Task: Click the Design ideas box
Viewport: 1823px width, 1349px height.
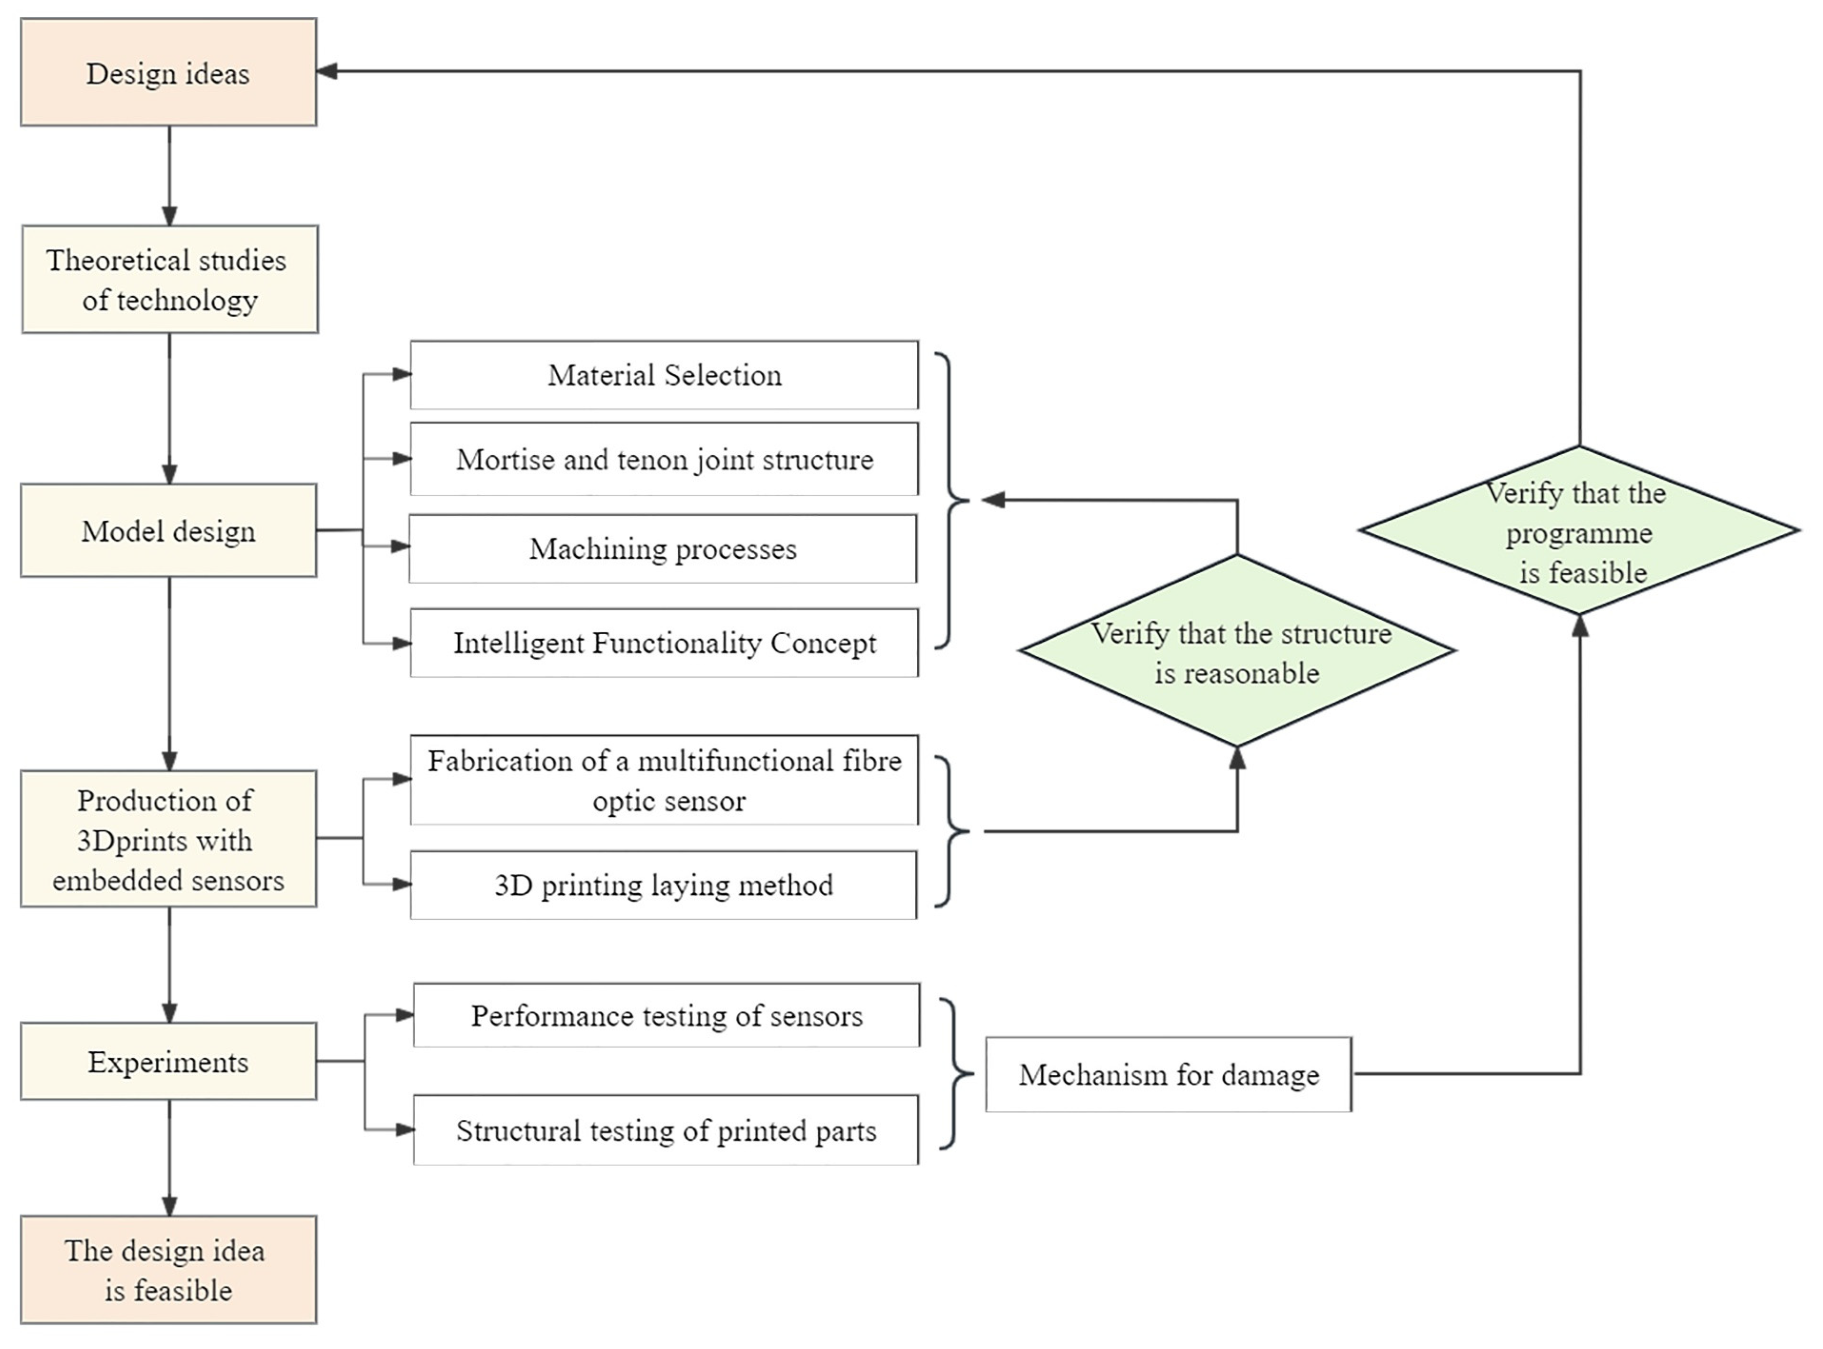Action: point(168,73)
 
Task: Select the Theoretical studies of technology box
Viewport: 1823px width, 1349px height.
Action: point(169,279)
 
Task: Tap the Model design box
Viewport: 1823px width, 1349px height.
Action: point(168,531)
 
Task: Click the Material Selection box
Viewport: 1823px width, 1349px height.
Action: point(664,375)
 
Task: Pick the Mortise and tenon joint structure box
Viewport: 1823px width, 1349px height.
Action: point(664,459)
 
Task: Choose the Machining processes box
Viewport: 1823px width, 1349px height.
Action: point(662,549)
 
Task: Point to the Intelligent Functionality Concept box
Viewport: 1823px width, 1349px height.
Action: point(664,643)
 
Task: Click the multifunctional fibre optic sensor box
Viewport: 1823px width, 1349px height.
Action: point(664,780)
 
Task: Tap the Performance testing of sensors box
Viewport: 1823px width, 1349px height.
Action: point(666,1016)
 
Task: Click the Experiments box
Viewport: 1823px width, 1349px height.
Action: point(168,1061)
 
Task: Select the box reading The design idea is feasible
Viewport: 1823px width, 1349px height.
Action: point(168,1270)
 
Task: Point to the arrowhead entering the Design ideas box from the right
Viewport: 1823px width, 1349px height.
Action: point(327,71)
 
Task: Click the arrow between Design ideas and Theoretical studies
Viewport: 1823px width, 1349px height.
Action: point(169,176)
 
